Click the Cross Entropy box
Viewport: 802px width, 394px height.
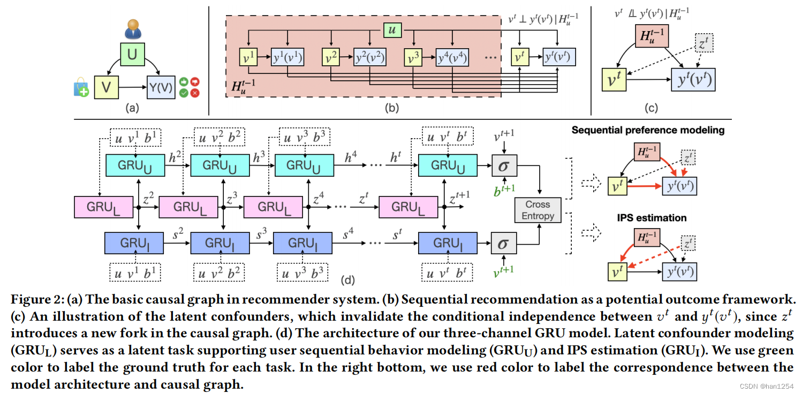click(538, 210)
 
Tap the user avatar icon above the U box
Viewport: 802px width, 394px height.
click(132, 29)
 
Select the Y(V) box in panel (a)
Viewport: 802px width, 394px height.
click(161, 87)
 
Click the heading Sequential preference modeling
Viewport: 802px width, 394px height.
click(648, 130)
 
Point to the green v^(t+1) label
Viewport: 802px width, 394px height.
click(503, 270)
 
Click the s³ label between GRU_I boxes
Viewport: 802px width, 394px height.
click(261, 234)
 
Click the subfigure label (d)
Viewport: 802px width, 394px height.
click(349, 279)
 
